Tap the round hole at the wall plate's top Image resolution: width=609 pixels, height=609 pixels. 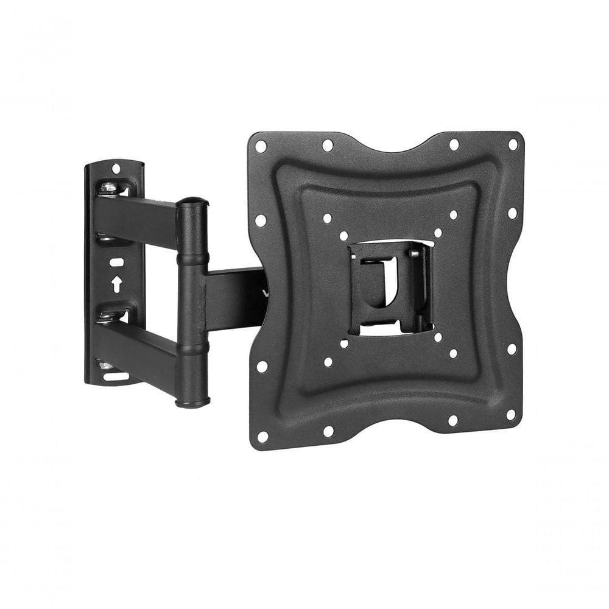coord(116,168)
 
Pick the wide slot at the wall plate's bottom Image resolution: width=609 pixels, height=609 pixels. coord(116,376)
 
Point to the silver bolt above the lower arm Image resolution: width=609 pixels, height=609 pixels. coord(108,314)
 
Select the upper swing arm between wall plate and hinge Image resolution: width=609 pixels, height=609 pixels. coord(137,216)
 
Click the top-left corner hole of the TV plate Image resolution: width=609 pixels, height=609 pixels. coord(261,146)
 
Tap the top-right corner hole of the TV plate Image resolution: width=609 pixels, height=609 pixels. coord(513,145)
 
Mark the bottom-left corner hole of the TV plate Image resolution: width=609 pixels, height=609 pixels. coord(262,436)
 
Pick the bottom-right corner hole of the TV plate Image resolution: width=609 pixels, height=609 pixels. coord(510,414)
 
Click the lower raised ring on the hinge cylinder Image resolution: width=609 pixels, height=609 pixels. coord(192,349)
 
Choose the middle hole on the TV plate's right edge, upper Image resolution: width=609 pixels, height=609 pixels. coord(512,214)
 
